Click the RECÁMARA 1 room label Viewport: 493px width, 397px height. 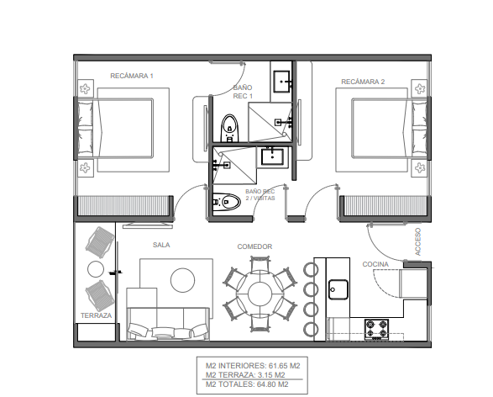[x=132, y=76]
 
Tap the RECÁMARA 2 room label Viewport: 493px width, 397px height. [x=363, y=82]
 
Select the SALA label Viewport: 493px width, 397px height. [x=161, y=245]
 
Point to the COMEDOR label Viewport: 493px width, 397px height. [x=254, y=246]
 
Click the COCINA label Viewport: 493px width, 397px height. [x=375, y=264]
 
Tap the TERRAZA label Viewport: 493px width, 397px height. [x=97, y=315]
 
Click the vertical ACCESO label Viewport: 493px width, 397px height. [x=418, y=241]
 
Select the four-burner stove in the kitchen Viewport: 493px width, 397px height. [x=376, y=330]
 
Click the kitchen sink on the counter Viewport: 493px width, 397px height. [x=338, y=289]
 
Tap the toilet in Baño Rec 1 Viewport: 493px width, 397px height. [x=229, y=129]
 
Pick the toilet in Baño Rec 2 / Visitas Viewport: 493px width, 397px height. [x=227, y=202]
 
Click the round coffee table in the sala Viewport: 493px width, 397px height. [x=182, y=280]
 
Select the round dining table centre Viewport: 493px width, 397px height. [x=260, y=294]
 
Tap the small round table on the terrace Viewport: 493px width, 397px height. [x=96, y=269]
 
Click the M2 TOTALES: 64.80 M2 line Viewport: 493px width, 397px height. [x=247, y=384]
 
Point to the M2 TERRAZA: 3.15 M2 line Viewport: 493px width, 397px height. [x=245, y=375]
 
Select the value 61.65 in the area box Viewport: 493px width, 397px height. [x=278, y=366]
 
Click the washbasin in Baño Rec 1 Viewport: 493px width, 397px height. [x=281, y=82]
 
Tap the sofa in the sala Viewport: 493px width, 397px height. [x=168, y=324]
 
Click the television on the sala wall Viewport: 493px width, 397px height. [x=148, y=225]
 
